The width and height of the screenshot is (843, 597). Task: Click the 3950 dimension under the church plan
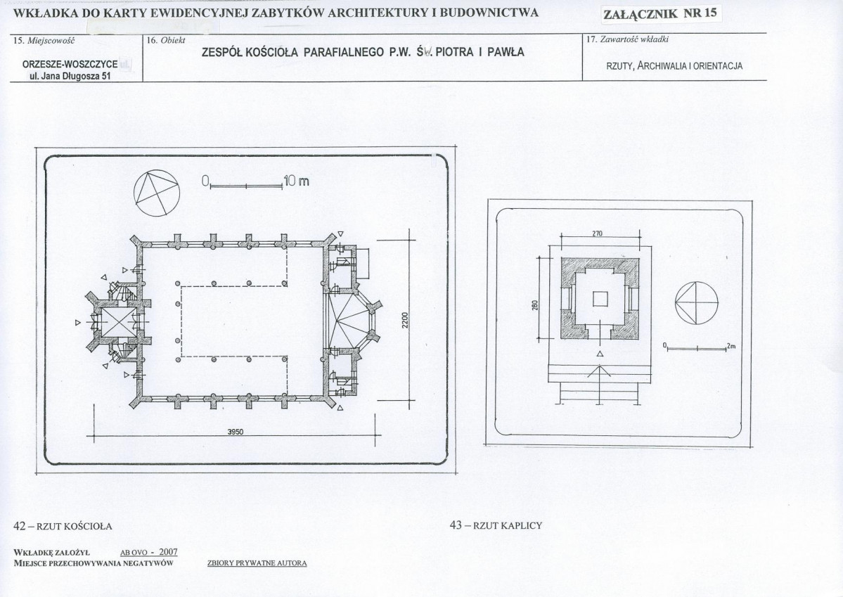[236, 431]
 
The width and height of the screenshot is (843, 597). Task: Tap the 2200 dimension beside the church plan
[405, 321]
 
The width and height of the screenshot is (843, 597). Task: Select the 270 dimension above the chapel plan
[598, 233]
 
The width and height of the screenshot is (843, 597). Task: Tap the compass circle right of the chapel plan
[697, 303]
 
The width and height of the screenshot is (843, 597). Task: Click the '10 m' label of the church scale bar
[296, 181]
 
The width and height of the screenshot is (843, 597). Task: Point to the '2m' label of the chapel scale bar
[731, 346]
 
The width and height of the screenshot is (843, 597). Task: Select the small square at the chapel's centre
[600, 298]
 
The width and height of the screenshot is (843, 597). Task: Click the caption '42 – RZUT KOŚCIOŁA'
[63, 526]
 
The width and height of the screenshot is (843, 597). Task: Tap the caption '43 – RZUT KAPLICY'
[496, 525]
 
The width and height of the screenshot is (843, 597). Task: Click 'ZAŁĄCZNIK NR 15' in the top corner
[660, 13]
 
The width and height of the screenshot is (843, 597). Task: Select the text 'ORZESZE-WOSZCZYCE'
[70, 64]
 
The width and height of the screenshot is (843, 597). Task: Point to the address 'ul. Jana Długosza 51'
[70, 76]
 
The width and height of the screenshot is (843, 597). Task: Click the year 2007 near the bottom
[168, 552]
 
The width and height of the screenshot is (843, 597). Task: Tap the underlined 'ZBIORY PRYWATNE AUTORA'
[257, 563]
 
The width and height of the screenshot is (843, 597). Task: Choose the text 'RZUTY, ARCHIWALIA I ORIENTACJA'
[674, 66]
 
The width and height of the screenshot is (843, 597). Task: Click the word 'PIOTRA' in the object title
[454, 52]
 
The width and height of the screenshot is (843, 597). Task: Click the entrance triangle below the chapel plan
[600, 354]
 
